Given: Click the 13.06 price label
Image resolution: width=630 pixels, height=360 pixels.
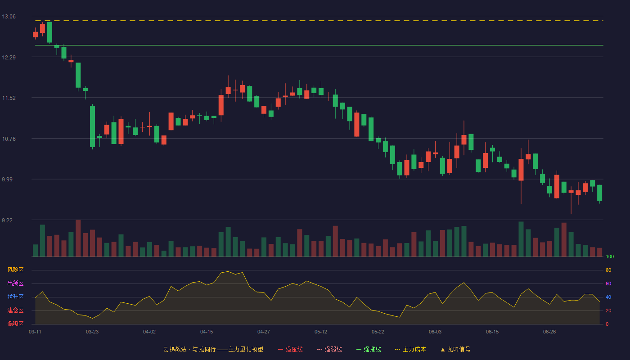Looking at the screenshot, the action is pyautogui.click(x=9, y=17).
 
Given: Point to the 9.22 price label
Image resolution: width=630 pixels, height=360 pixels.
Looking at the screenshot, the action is pyautogui.click(x=7, y=220).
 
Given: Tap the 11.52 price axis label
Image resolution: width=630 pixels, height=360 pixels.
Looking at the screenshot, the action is pyautogui.click(x=9, y=98).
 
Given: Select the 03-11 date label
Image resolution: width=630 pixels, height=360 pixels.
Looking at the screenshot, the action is pyautogui.click(x=35, y=332).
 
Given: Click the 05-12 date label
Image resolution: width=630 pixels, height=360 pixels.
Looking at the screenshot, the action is pyautogui.click(x=320, y=332).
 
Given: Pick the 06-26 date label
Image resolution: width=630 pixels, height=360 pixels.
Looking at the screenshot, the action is pyautogui.click(x=549, y=332).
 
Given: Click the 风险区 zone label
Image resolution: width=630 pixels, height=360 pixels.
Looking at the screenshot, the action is pyautogui.click(x=15, y=270).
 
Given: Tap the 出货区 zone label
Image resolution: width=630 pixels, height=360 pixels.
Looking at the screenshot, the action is pyautogui.click(x=15, y=283).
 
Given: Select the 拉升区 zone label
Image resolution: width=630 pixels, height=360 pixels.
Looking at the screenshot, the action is pyautogui.click(x=15, y=297).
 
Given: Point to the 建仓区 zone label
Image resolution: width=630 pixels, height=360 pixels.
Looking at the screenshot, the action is pyautogui.click(x=15, y=310).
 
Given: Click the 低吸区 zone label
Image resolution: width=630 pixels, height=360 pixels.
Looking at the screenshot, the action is pyautogui.click(x=15, y=324).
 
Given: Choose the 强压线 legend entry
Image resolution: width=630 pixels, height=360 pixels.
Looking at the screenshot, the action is pyautogui.click(x=290, y=349).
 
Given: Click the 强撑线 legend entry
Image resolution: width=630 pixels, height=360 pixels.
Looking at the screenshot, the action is pyautogui.click(x=369, y=349).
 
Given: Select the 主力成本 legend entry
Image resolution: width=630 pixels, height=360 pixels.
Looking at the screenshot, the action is pyautogui.click(x=410, y=349).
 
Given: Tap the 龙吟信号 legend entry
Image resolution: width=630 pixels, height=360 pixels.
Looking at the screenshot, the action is pyautogui.click(x=455, y=349).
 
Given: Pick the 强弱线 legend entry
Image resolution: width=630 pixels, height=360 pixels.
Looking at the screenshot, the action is pyautogui.click(x=329, y=349).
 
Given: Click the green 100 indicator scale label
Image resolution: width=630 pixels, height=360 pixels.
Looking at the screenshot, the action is pyautogui.click(x=610, y=256).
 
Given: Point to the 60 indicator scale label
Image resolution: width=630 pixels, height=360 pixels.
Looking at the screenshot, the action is pyautogui.click(x=608, y=283).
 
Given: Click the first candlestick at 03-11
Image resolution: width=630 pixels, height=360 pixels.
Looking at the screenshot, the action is pyautogui.click(x=35, y=34).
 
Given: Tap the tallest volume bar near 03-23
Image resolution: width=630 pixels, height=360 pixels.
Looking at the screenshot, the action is pyautogui.click(x=78, y=238).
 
